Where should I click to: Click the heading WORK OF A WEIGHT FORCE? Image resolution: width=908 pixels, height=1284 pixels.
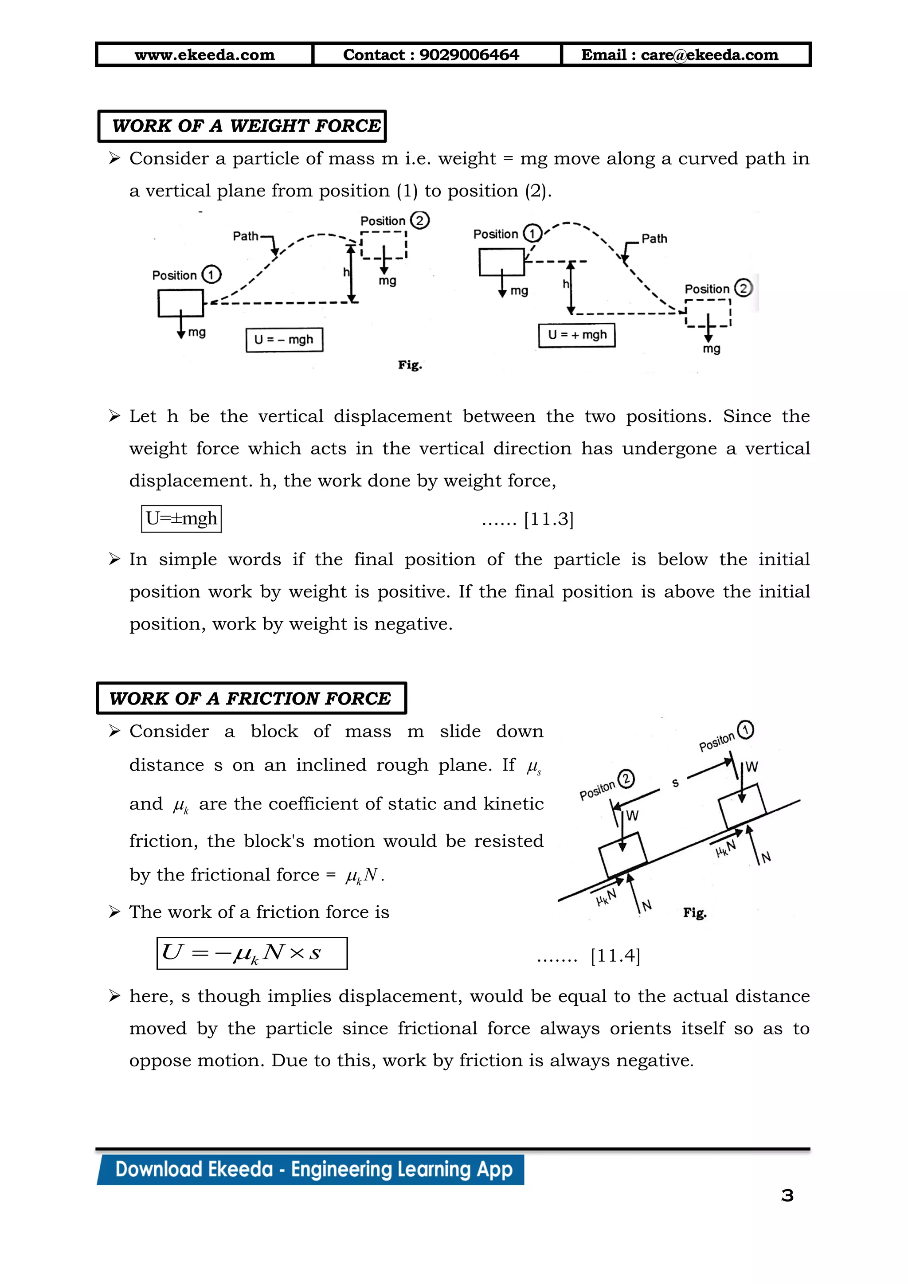click(246, 126)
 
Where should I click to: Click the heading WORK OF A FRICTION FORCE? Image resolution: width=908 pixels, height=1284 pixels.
click(250, 698)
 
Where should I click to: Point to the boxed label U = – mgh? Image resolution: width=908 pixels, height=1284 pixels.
click(284, 340)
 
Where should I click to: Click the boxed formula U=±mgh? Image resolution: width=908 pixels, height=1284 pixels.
click(181, 518)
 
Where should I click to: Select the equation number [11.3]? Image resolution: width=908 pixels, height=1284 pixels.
click(548, 520)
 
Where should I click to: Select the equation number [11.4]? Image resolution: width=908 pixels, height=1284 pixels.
click(615, 956)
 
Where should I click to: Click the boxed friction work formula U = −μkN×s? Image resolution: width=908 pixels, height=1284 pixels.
click(251, 953)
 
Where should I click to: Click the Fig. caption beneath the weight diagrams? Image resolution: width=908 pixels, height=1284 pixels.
click(410, 365)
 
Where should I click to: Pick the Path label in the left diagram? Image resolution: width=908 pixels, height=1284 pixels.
click(246, 236)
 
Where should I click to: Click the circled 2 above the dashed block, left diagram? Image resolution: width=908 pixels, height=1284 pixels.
click(419, 220)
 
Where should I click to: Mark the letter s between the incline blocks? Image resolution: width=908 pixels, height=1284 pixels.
click(675, 783)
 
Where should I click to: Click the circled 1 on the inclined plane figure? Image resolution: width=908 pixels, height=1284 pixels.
click(745, 730)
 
